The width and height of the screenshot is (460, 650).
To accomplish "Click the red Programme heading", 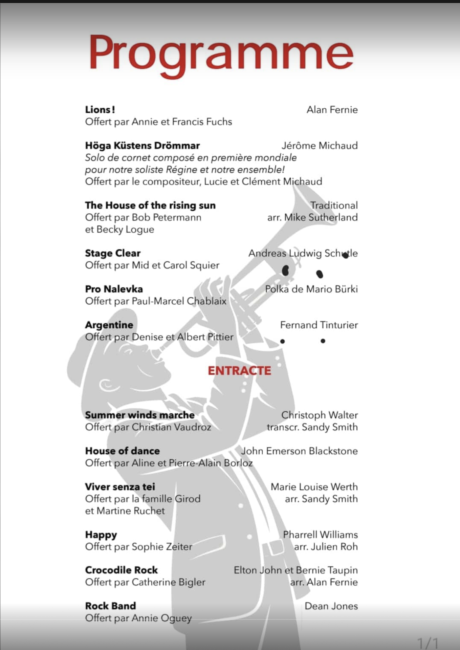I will click(x=221, y=54).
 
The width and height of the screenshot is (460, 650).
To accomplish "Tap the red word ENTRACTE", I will click(x=239, y=371).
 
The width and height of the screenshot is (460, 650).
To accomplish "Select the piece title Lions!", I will click(x=100, y=110).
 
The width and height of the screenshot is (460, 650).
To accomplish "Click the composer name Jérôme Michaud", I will click(x=319, y=146).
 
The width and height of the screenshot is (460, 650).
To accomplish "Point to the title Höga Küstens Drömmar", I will click(x=142, y=146).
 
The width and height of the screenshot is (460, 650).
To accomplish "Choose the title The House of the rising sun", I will click(x=150, y=205).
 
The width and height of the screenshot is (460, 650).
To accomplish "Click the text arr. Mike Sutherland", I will click(x=312, y=217).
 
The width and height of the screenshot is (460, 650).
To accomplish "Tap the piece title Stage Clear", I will click(x=113, y=253).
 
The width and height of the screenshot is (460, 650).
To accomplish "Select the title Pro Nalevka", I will click(x=114, y=289).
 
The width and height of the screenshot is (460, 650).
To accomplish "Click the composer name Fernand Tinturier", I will click(x=319, y=325).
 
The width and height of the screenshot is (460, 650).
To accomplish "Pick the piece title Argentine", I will click(x=109, y=325).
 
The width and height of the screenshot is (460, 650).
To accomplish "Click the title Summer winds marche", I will click(x=139, y=415).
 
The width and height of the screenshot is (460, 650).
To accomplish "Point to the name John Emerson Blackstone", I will click(x=299, y=451).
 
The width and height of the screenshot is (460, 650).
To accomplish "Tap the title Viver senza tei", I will click(x=120, y=487).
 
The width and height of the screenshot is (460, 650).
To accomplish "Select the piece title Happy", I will click(x=101, y=535).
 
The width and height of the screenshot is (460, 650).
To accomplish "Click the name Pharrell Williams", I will click(x=320, y=535).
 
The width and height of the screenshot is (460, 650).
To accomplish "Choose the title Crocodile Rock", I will click(x=121, y=570).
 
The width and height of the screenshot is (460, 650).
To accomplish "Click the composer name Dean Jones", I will click(x=331, y=606).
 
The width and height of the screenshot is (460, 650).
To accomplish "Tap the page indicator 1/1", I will click(x=428, y=642).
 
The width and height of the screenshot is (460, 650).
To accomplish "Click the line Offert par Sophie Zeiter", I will click(x=138, y=547).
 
